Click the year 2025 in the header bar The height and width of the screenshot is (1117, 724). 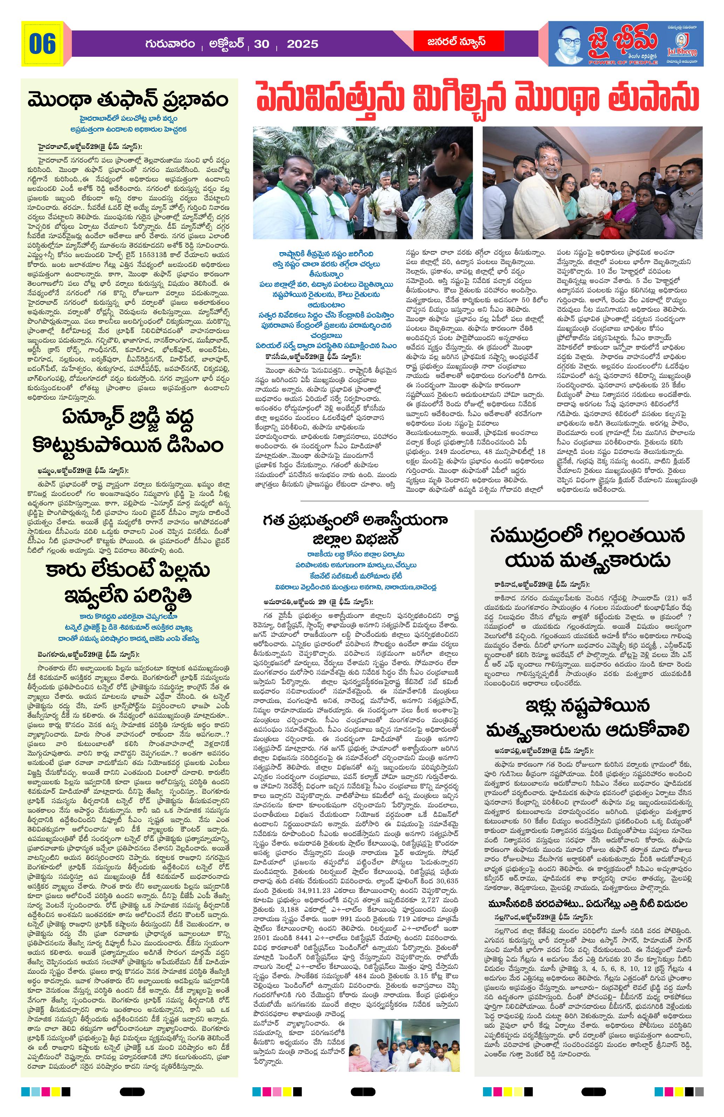tap(302, 44)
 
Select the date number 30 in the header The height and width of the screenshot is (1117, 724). tap(261, 44)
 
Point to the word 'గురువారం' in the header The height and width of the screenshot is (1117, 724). tap(170, 44)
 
